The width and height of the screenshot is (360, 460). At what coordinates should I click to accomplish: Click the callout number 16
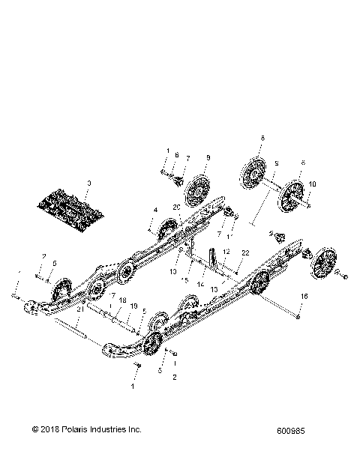(303, 297)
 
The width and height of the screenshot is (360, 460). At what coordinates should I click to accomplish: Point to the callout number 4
(155, 211)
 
